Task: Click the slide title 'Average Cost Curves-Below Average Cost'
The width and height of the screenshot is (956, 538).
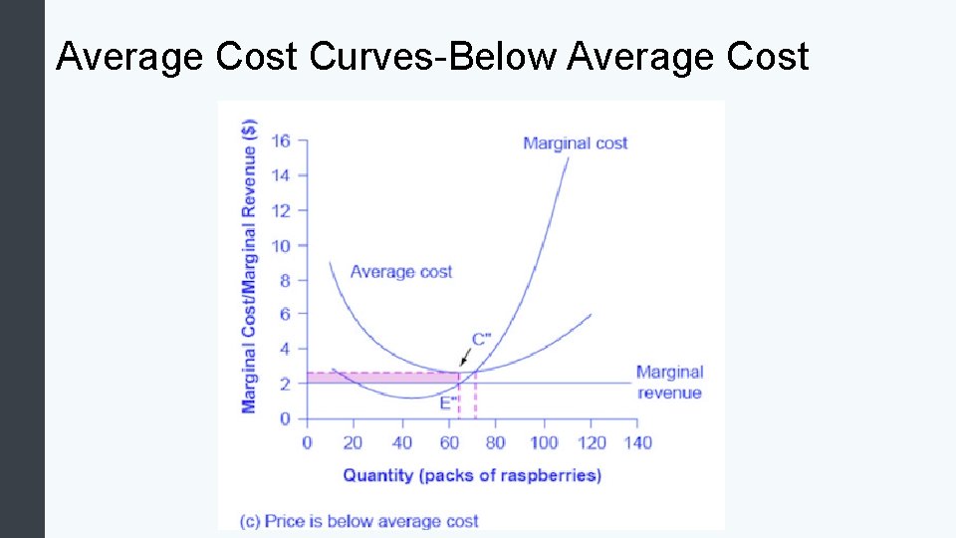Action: click(x=432, y=57)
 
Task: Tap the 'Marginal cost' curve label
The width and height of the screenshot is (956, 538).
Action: click(x=575, y=143)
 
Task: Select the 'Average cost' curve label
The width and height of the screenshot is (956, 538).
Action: click(x=400, y=271)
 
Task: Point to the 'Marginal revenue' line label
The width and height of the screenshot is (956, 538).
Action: click(x=669, y=383)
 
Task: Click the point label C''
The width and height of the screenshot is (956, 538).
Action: click(x=481, y=339)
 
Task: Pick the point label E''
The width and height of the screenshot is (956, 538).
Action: click(x=449, y=403)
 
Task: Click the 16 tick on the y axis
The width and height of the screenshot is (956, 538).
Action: click(x=281, y=140)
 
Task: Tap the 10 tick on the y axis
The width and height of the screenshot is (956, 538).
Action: click(x=281, y=245)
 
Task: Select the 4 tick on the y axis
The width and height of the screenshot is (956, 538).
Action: click(x=284, y=349)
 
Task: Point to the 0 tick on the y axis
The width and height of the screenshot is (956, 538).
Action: click(x=285, y=418)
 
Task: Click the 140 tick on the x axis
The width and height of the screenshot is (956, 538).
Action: click(x=636, y=442)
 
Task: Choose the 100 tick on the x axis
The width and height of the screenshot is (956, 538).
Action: click(x=543, y=442)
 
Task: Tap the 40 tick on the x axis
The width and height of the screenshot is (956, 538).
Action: click(x=401, y=442)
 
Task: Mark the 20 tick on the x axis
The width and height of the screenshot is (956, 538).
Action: click(x=354, y=442)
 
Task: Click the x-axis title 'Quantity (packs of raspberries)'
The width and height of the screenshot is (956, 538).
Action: click(x=472, y=475)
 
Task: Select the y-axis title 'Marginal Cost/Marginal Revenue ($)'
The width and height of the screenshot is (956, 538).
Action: click(x=249, y=266)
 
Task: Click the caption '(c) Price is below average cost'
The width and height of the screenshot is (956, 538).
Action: click(x=359, y=520)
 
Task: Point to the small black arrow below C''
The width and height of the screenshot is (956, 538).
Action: click(x=463, y=360)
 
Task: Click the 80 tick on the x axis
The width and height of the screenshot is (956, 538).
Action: click(x=495, y=442)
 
